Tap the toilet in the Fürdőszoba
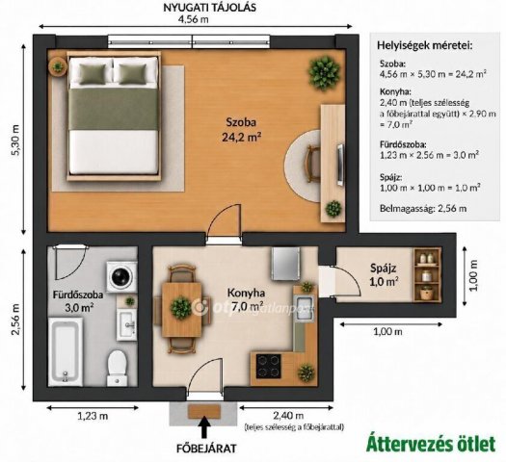(117, 368)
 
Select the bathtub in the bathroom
(66, 351)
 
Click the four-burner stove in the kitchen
(268, 367)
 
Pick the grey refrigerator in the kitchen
(286, 264)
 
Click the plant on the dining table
(181, 307)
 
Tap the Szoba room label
(241, 122)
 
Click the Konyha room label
(246, 294)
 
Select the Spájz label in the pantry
(383, 268)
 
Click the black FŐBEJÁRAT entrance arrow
(205, 426)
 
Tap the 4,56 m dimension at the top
(194, 19)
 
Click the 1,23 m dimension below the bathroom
(93, 416)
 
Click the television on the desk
(340, 165)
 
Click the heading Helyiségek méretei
(425, 46)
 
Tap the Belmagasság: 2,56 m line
(423, 209)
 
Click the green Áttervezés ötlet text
(431, 444)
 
